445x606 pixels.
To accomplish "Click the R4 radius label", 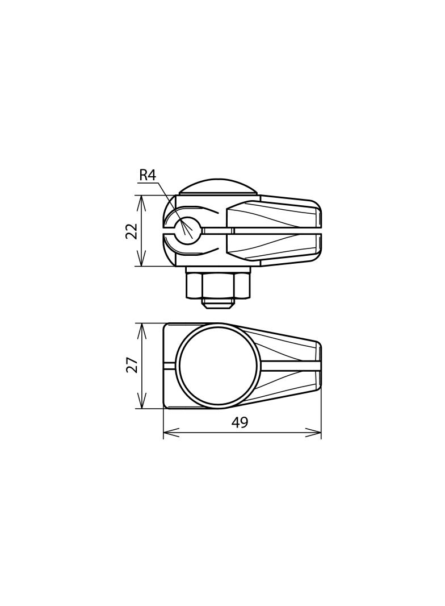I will pyautogui.click(x=148, y=175).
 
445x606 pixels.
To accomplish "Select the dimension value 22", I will pyautogui.click(x=132, y=231).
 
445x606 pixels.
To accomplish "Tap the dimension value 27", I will pyautogui.click(x=132, y=365).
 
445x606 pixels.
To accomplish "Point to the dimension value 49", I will pyautogui.click(x=240, y=423).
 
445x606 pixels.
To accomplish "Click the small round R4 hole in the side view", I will pyautogui.click(x=187, y=230).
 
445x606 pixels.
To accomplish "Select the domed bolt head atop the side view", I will pyautogui.click(x=218, y=187).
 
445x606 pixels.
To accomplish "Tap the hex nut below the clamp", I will pyautogui.click(x=218, y=286).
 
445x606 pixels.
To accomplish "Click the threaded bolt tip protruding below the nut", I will pyautogui.click(x=218, y=304).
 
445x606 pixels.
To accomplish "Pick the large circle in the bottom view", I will pyautogui.click(x=218, y=366).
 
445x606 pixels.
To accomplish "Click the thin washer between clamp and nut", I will pyautogui.click(x=218, y=269).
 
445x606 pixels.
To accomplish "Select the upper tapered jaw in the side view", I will pyautogui.click(x=272, y=213).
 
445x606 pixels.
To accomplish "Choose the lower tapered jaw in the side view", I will pyautogui.click(x=272, y=248).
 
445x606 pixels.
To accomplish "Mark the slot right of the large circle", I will pyautogui.click(x=289, y=366).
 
